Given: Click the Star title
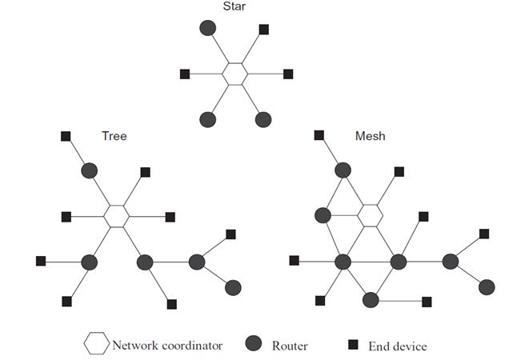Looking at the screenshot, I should click(x=234, y=7).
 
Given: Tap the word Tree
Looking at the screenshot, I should click(x=114, y=136).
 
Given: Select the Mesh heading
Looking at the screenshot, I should click(x=370, y=136).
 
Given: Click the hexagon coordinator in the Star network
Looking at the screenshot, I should click(x=234, y=74).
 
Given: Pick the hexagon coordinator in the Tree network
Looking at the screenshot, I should click(x=117, y=216).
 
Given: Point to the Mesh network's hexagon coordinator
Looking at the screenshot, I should click(x=370, y=215).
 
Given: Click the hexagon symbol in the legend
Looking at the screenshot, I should click(x=96, y=345).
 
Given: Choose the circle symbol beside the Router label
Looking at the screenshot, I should click(x=254, y=345).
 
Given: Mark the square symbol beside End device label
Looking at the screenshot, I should click(x=352, y=345).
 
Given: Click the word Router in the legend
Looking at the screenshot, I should click(x=289, y=346).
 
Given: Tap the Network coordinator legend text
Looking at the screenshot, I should click(x=167, y=346).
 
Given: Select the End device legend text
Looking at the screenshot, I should click(x=397, y=346).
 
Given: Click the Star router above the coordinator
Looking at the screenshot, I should click(x=207, y=28).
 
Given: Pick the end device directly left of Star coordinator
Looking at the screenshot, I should click(x=184, y=74).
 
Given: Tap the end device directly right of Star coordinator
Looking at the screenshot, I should click(x=288, y=74).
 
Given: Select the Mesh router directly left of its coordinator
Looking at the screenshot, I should click(x=323, y=215).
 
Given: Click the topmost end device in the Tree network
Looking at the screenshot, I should click(x=66, y=136).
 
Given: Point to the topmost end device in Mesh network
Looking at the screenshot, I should click(x=319, y=135).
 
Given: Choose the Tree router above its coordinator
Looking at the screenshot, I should click(x=89, y=170).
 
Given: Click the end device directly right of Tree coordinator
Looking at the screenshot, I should click(x=170, y=216).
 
